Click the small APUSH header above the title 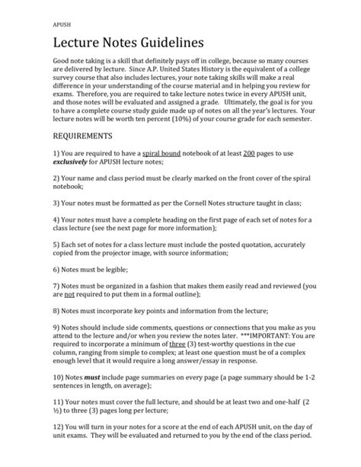pyautogui.click(x=62, y=23)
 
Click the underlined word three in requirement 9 pyautogui.click(x=176, y=344)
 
